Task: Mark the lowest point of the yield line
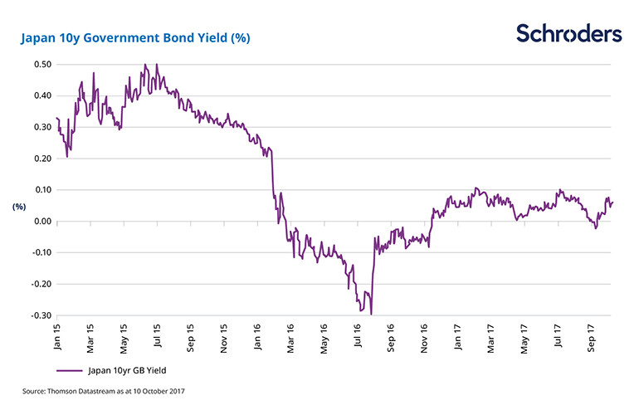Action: [371, 314]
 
